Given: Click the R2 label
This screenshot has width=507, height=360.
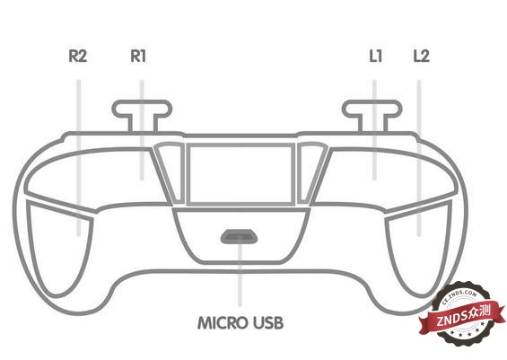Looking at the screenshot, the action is pyautogui.click(x=78, y=56).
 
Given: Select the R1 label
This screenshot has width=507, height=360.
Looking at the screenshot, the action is pyautogui.click(x=138, y=56).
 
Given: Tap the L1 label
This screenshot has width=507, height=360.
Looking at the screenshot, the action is pyautogui.click(x=376, y=56).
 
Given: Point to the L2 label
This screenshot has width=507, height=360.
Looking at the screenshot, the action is pyautogui.click(x=422, y=56).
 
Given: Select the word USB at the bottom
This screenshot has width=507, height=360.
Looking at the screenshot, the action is pyautogui.click(x=268, y=323).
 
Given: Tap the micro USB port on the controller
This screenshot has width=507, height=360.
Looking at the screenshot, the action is pyautogui.click(x=239, y=237).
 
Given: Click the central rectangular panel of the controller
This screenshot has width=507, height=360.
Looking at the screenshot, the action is pyautogui.click(x=240, y=174).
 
